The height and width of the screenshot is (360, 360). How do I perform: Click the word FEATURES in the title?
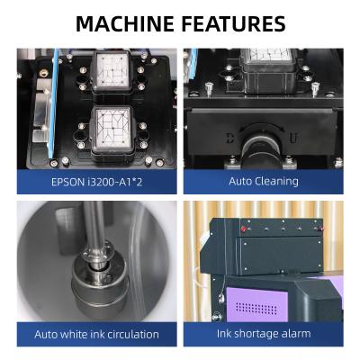coord(231,23)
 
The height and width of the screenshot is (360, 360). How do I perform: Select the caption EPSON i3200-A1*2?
coord(96,181)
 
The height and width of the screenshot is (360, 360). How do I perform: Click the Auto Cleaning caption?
coord(263,181)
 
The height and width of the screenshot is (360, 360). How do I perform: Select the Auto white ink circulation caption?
coord(96,334)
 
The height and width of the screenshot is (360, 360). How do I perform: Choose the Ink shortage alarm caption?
coord(263,334)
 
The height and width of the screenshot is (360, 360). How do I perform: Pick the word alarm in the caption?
coord(293,334)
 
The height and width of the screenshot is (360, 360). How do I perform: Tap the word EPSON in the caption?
coord(67,181)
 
